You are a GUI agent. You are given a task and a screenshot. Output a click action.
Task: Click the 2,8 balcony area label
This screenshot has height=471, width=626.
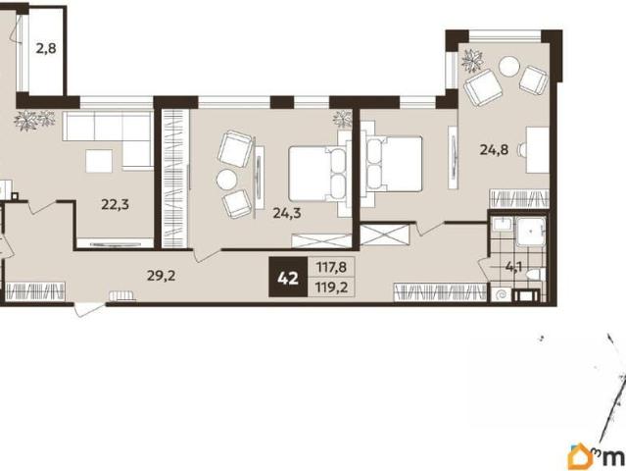(x=46, y=49)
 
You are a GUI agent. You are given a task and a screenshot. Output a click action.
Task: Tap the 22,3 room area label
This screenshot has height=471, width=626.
(x=115, y=205)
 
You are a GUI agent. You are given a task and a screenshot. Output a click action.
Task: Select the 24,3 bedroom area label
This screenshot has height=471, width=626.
(x=287, y=213)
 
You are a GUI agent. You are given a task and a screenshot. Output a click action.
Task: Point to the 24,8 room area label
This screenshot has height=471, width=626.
(x=495, y=150)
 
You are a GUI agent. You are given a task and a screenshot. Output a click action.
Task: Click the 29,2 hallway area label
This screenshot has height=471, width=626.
(x=162, y=275)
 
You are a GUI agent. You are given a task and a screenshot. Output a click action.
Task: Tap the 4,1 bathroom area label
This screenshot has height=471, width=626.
(x=514, y=267)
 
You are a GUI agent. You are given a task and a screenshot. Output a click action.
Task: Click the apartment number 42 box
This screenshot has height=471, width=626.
(x=288, y=278)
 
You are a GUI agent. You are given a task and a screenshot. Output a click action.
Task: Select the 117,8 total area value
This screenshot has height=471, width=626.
(x=331, y=267)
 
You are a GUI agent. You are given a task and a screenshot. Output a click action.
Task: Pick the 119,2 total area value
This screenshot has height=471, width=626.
(x=331, y=288)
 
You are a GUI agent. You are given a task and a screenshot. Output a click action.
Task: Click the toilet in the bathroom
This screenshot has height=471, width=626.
(x=534, y=275)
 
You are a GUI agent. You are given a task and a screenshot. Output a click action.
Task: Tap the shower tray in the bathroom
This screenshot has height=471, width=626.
(x=531, y=232)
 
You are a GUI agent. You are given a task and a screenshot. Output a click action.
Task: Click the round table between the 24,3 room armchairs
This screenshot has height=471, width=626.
(x=226, y=180)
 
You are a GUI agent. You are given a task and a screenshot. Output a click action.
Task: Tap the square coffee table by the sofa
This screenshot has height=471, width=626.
(x=99, y=161)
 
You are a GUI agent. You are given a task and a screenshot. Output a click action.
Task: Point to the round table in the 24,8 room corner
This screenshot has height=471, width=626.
(x=509, y=67)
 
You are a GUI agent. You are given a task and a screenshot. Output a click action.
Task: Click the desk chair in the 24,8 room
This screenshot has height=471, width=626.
(x=521, y=150)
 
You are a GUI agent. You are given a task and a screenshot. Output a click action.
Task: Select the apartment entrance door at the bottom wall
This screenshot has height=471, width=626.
(x=90, y=310)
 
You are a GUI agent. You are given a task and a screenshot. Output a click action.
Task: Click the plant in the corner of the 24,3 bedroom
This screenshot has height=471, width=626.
(x=343, y=119)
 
